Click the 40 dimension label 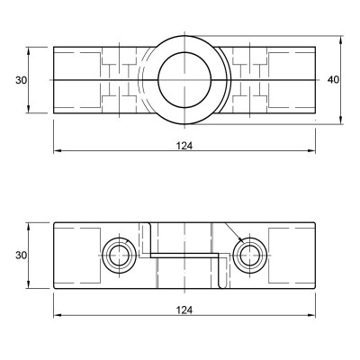pos(333,80)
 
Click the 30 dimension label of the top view pos(22,80)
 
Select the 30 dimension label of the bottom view pos(22,256)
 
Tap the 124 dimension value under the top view pos(184,146)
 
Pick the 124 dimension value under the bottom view pos(184,310)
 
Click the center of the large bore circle pos(184,80)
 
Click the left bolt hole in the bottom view pos(120,256)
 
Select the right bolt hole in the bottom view pos(249,256)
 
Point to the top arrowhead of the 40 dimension pos(341,40)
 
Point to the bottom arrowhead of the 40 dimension pos(341,121)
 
